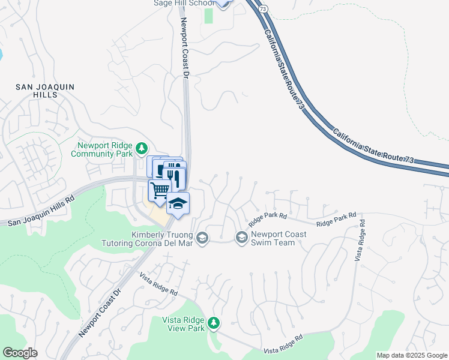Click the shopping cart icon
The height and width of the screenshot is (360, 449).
(159, 191)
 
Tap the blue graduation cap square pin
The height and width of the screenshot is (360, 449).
(178, 203)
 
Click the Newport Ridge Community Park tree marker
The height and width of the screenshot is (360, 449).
(142, 148)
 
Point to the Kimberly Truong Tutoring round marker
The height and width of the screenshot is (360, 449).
(203, 238)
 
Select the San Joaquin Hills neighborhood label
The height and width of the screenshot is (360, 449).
(45, 91)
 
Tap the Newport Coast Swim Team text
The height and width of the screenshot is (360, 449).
(273, 239)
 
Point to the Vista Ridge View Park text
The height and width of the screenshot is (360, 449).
(183, 324)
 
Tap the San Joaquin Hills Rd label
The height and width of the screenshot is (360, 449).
(40, 212)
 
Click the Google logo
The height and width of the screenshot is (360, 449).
(20, 353)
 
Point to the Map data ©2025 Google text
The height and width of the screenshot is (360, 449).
(412, 355)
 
